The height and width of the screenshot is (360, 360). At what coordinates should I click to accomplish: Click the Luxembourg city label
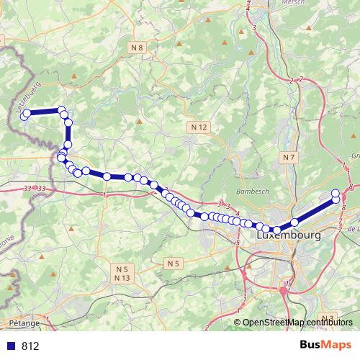click(288, 235)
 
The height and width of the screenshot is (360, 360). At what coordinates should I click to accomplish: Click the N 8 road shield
click(138, 48)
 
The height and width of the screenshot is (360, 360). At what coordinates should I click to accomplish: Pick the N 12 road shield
click(200, 127)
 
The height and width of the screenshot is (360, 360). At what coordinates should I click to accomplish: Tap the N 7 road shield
click(289, 157)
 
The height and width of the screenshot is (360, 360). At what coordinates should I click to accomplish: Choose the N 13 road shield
click(122, 278)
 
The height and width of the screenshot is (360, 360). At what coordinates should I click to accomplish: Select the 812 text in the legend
click(30, 346)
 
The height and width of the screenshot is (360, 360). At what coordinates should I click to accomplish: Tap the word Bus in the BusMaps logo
click(310, 345)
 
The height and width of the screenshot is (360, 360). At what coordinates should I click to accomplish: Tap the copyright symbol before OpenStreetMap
click(238, 322)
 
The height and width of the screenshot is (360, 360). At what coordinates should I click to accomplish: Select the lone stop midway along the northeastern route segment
click(294, 222)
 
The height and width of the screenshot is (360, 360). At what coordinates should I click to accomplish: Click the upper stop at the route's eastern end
click(336, 193)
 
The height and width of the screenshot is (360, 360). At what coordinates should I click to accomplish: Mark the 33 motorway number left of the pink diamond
click(28, 188)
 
